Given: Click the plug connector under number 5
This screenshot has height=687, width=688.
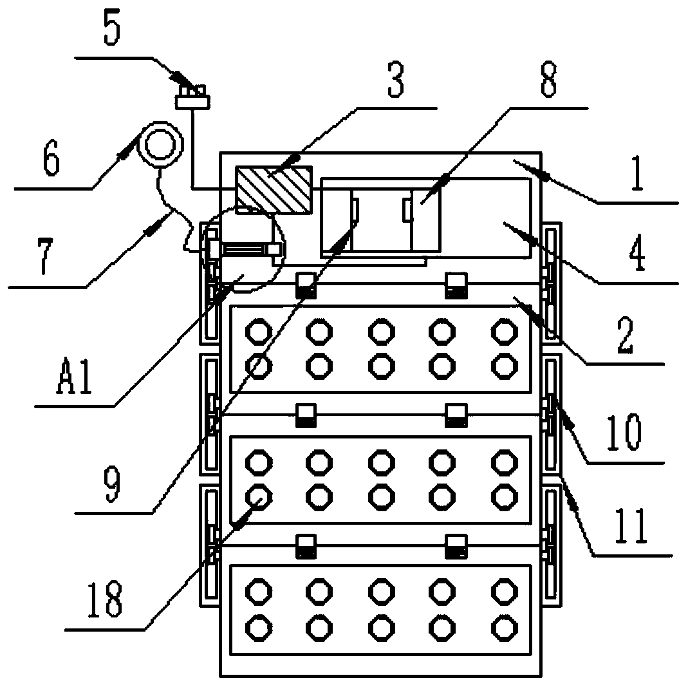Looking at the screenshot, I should (192, 99).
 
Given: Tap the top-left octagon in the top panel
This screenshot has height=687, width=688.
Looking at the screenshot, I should (259, 332).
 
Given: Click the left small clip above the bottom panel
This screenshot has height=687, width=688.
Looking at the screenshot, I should (305, 546).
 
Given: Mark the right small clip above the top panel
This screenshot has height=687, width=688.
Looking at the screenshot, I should (456, 285).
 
